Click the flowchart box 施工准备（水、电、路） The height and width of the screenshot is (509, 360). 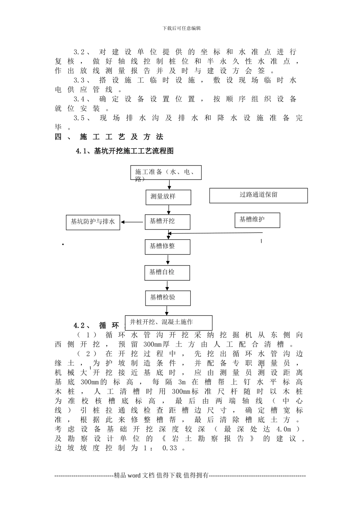[x=166, y=173]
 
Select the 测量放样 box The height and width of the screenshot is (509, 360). [x=168, y=197]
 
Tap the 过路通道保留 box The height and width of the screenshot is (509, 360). [x=258, y=196]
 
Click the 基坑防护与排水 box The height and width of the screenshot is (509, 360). [x=93, y=222]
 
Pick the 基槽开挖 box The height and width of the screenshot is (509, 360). [x=167, y=222]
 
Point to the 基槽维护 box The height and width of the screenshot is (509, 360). [x=257, y=220]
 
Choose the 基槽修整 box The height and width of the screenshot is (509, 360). [x=167, y=247]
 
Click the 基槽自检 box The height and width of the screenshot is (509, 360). [x=167, y=273]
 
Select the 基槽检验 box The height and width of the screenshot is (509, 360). [x=168, y=298]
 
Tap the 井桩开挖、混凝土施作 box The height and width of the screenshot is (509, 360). [x=169, y=323]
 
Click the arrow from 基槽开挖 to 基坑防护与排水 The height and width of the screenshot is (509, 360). [x=132, y=222]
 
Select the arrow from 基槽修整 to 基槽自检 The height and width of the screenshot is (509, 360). [x=168, y=260]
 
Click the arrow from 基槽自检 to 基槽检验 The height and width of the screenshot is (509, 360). [x=168, y=286]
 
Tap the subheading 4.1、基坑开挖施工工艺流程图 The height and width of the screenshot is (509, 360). [x=125, y=151]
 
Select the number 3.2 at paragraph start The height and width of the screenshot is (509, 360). [x=79, y=52]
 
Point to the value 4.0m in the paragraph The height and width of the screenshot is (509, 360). [x=283, y=429]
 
